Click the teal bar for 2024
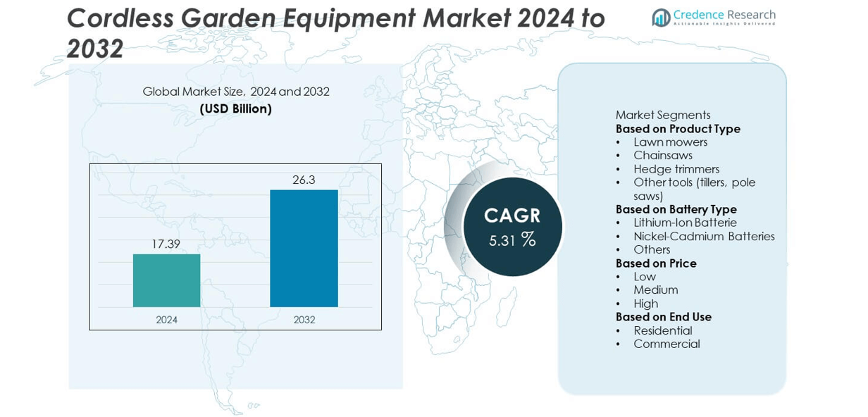click(x=166, y=280)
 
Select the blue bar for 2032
click(x=304, y=248)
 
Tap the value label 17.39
click(x=166, y=244)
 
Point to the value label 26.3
click(x=304, y=180)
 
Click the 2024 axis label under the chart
click(x=166, y=320)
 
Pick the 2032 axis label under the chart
click(x=304, y=320)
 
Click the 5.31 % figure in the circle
click(x=512, y=240)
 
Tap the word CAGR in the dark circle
click(x=512, y=215)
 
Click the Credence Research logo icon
click(x=661, y=18)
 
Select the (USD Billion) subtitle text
click(x=235, y=109)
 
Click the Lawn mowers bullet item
click(x=670, y=142)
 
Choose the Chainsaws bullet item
click(x=662, y=156)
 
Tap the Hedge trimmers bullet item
click(x=676, y=169)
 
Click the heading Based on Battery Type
click(x=676, y=209)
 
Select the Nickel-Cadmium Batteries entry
click(x=703, y=237)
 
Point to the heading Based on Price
click(x=656, y=263)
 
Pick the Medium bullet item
click(x=655, y=290)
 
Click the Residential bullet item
click(x=662, y=330)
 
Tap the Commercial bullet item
click(x=666, y=344)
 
